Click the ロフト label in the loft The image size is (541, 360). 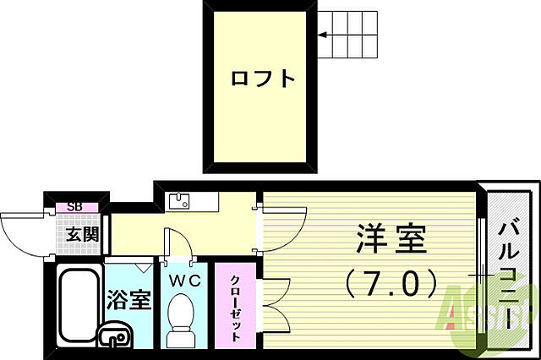pos(264,79)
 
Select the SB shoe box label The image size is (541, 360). pos(75,206)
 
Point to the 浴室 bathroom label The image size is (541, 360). pos(129,299)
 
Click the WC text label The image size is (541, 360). pos(185,280)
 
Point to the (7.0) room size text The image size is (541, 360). pos(390,281)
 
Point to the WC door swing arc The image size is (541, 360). pos(179,240)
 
